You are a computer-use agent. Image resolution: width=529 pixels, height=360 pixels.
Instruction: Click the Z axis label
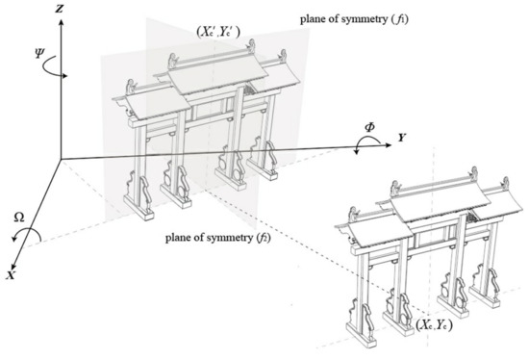(x=60, y=9)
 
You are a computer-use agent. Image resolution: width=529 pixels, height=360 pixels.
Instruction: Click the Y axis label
(x=401, y=138)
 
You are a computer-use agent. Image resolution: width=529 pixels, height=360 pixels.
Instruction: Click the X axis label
(x=11, y=275)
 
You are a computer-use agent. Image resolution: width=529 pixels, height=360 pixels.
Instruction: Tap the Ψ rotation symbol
(x=39, y=53)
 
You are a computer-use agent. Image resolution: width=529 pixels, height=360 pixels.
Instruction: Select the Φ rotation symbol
(x=369, y=127)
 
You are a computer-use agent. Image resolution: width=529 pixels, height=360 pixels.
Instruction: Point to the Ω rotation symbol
(x=19, y=219)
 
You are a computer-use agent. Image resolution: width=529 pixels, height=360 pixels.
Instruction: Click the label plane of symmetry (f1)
(x=354, y=19)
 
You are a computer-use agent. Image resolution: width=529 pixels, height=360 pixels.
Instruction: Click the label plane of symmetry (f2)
(x=218, y=238)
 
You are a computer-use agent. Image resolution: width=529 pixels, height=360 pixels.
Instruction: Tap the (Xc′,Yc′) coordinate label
(x=218, y=32)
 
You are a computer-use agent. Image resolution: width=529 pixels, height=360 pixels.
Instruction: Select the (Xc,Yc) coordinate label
(x=434, y=325)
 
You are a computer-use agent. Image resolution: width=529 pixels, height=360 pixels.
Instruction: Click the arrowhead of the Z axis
(x=61, y=22)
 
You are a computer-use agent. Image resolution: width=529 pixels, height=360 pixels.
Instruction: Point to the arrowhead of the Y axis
(x=388, y=145)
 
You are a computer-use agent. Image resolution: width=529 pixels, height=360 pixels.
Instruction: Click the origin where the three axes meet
(x=61, y=159)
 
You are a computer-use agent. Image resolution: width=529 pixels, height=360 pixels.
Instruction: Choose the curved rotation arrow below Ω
(x=28, y=229)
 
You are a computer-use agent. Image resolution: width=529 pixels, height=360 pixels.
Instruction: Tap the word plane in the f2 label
(x=176, y=238)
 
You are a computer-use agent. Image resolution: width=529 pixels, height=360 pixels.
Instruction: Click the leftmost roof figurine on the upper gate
(x=130, y=87)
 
